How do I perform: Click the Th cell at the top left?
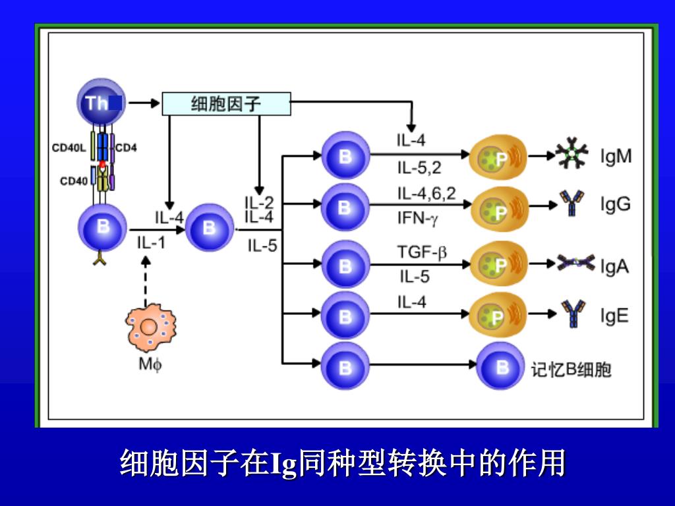[x=100, y=102]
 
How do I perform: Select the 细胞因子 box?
[x=226, y=103]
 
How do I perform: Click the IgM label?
[x=616, y=157]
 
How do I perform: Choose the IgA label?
[x=614, y=266]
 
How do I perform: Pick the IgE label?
[x=614, y=316]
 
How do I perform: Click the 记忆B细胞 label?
[x=572, y=370]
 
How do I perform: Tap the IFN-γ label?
[x=417, y=216]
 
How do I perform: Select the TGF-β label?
[x=421, y=252]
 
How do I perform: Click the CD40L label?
[x=69, y=148]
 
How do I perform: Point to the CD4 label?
[x=126, y=148]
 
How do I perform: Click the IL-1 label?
[x=151, y=242]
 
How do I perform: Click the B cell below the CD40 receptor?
[x=102, y=228]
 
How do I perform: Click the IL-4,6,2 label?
[x=426, y=193]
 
